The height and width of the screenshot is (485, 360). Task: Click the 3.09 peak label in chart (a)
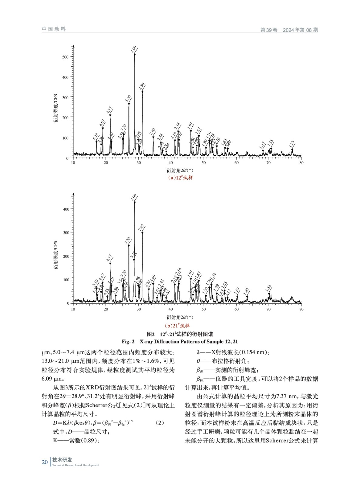[133, 49]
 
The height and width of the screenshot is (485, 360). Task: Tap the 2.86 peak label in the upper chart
[142, 86]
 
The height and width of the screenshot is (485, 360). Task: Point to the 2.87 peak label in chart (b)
[141, 228]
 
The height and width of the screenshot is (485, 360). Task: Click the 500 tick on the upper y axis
[66, 57]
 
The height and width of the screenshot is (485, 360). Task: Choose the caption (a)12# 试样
[180, 178]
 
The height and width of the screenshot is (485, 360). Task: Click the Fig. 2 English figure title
[180, 342]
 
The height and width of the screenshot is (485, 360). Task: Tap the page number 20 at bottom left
[45, 462]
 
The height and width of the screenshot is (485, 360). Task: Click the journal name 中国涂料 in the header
[54, 29]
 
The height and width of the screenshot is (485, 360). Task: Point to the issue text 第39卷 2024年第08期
[289, 30]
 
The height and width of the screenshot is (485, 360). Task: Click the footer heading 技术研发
[62, 460]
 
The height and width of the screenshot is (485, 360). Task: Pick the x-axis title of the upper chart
[180, 171]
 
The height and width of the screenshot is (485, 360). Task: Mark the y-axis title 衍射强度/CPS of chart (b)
[56, 256]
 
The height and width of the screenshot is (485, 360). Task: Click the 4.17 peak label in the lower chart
[109, 258]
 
